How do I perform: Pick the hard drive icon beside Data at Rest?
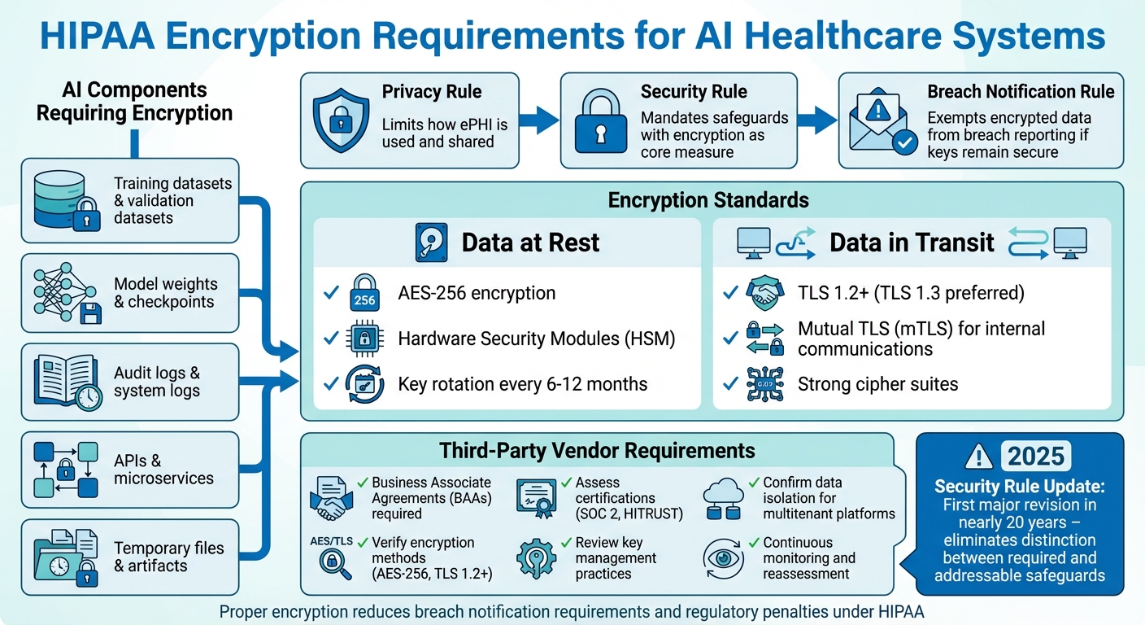coord(431,243)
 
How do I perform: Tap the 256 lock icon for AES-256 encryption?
coord(364,294)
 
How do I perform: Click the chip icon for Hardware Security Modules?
coord(364,339)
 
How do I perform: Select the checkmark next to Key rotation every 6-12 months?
coord(331,384)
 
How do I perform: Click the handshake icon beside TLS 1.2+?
coord(765,294)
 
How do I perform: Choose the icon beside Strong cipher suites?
coord(765,384)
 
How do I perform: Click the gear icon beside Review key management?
coord(537,558)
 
